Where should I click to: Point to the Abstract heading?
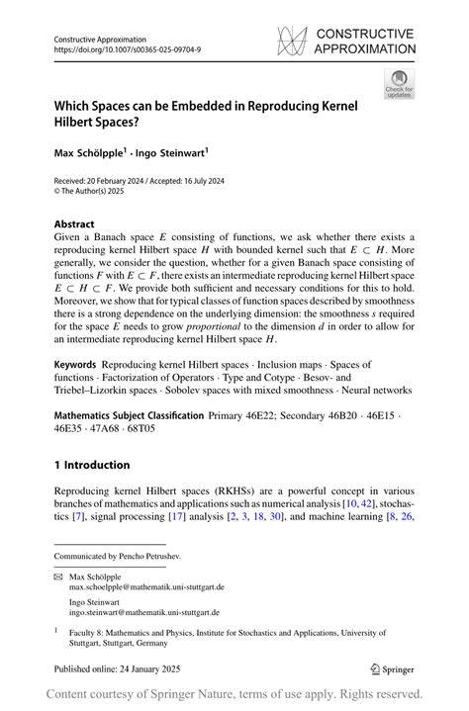tap(74, 224)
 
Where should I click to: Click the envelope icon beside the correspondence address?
tap(58, 576)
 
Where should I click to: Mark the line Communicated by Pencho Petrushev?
tap(118, 557)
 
